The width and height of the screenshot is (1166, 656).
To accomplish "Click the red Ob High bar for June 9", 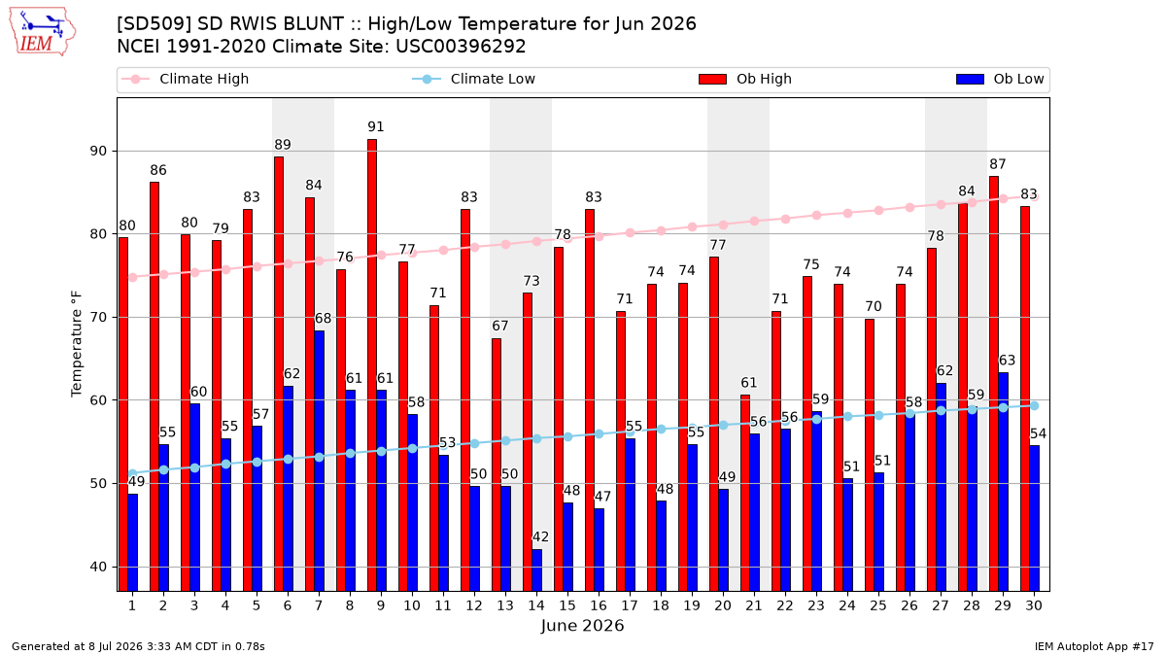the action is (x=372, y=365).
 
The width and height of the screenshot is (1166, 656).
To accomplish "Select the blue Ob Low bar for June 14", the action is (x=536, y=570).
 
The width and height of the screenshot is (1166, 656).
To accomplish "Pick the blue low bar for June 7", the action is (x=319, y=461).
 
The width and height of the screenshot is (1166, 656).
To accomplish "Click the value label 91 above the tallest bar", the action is (x=376, y=126).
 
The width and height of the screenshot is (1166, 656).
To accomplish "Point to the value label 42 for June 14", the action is (x=540, y=536).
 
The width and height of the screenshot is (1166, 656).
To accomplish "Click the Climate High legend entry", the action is (x=186, y=79).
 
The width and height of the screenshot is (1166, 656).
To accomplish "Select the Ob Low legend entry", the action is (x=1000, y=79).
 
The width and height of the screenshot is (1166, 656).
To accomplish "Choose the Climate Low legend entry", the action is (x=474, y=79).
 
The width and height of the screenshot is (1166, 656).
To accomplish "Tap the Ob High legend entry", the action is (x=745, y=79).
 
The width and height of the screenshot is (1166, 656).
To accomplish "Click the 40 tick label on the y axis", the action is (x=99, y=567).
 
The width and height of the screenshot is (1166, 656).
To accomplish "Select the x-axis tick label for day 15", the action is (x=567, y=605).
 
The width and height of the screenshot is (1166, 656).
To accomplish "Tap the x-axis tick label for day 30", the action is (x=1034, y=605).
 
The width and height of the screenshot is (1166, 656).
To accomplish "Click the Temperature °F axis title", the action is (x=77, y=345).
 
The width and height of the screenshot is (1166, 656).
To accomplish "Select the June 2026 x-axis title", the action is (x=582, y=625).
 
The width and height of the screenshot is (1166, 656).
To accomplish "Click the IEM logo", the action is (x=42, y=32).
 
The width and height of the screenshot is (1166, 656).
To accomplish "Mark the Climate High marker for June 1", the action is (x=133, y=278).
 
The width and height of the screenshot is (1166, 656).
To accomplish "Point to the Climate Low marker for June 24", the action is (x=847, y=417).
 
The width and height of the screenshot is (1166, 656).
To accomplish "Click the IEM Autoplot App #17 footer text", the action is (x=1094, y=646).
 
